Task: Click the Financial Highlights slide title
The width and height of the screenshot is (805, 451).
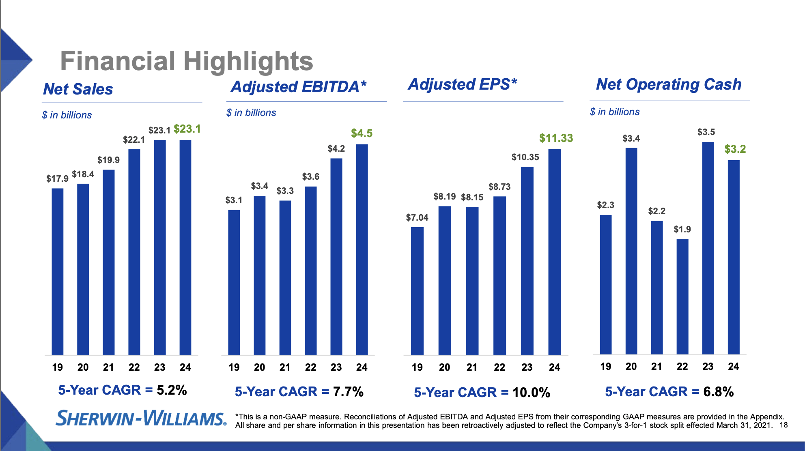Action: coord(187,61)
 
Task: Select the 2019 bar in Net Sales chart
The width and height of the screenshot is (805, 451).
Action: coord(57,272)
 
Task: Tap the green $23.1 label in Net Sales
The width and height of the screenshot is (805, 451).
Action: coord(187,129)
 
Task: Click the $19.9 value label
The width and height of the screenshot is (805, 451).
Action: coord(108,160)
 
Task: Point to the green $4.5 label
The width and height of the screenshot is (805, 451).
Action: coord(362,133)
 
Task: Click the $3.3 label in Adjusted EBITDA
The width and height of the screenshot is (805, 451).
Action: coord(285,191)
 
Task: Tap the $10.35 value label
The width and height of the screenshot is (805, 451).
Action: coord(525,157)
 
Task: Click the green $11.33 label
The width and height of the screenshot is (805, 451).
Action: coord(556,138)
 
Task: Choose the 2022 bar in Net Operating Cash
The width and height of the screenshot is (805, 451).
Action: coord(682,296)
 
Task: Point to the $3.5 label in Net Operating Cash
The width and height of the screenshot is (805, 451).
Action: coord(706,132)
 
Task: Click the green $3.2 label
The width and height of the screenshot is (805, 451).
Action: coord(735,149)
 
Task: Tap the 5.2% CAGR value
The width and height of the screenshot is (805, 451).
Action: coord(172,390)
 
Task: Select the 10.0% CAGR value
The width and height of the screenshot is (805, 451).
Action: coord(531,393)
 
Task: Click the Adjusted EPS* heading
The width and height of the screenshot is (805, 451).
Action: coord(463,84)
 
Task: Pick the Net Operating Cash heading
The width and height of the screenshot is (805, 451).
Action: coord(669,84)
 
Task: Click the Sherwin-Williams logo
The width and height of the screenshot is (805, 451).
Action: coord(141,418)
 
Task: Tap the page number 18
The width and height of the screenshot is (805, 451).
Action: coord(783,425)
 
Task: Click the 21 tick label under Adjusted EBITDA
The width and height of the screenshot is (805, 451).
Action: coord(285,367)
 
